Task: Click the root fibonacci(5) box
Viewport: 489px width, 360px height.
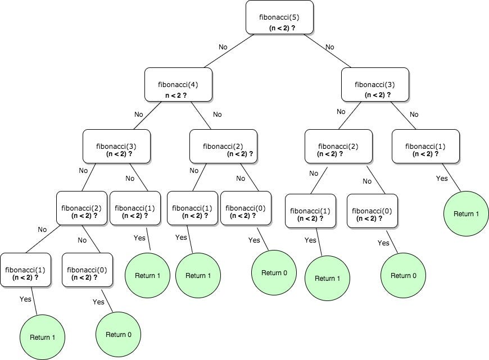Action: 279,17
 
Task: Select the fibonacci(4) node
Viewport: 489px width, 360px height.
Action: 178,85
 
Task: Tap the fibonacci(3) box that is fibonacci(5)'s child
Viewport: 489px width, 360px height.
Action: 375,85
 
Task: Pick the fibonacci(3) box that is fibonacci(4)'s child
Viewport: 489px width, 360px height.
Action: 116,147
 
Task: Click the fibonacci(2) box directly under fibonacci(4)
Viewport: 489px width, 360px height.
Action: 223,147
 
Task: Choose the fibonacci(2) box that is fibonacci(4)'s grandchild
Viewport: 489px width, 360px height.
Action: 81,208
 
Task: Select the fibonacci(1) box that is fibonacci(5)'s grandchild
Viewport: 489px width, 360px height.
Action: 425,147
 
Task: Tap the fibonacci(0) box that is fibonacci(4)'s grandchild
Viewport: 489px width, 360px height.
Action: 246,208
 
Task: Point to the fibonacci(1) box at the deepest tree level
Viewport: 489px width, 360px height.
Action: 25,270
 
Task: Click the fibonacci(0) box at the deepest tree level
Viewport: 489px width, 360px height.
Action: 87,270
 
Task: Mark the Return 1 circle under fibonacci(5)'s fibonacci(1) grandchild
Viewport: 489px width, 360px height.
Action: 466,213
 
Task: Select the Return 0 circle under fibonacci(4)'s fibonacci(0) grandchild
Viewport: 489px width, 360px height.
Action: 274,273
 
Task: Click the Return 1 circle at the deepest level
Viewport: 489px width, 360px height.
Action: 42,338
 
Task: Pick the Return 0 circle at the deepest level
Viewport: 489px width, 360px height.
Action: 118,334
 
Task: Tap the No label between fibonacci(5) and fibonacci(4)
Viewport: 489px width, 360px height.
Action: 223,47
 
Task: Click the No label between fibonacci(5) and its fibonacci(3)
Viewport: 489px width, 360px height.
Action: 330,47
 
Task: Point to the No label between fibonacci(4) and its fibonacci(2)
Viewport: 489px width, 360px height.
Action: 217,115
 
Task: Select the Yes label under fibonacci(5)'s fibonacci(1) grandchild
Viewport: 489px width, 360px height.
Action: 442,179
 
